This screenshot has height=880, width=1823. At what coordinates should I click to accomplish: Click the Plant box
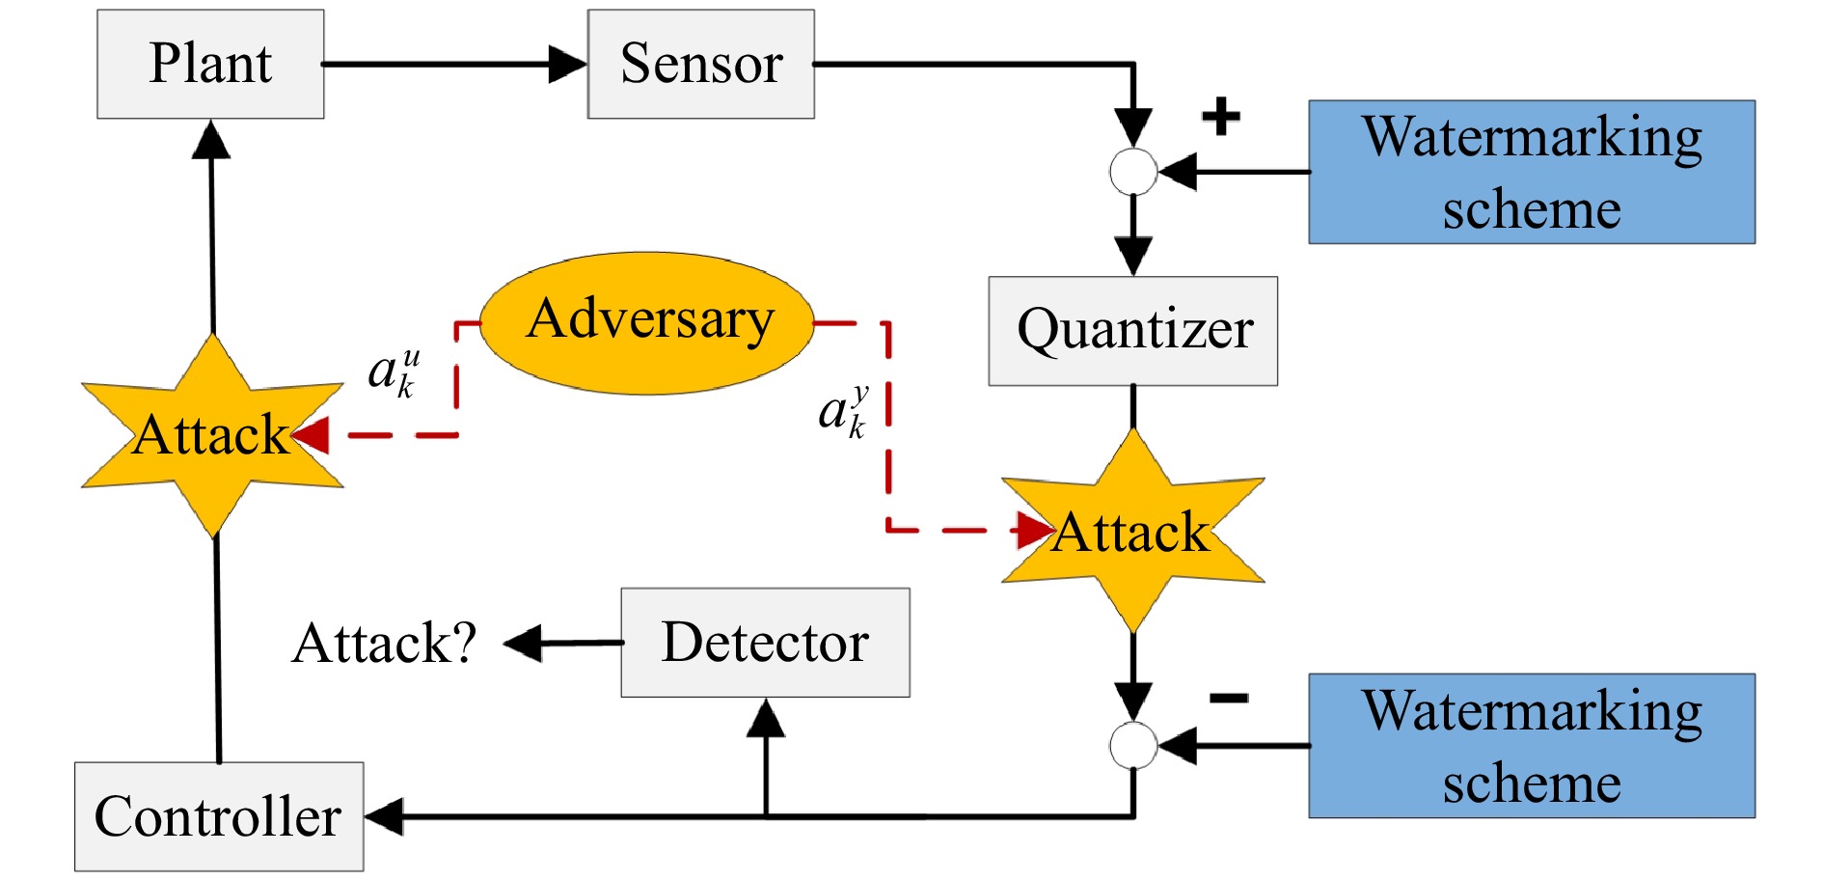210,64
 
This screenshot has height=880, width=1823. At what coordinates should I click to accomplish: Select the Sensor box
701,64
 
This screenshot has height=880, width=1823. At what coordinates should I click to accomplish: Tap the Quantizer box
1133,331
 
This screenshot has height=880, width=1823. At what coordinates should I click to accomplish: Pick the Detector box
765,643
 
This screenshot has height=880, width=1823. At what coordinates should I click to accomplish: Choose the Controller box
219,816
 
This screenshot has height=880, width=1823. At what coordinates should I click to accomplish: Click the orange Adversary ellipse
648,322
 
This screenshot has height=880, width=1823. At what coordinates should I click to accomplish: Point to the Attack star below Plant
212,435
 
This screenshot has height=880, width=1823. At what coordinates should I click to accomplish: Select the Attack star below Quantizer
1132,532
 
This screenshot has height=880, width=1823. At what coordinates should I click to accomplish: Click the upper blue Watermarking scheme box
1532,172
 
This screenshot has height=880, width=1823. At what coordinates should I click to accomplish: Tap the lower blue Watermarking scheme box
1532,746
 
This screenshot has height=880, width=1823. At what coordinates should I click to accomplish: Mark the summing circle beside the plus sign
1133,172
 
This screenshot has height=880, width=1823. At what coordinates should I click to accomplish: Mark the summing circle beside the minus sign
1133,745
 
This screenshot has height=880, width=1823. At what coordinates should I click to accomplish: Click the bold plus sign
1220,117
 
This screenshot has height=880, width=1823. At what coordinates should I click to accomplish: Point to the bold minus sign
1229,698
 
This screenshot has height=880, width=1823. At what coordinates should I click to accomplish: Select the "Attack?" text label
384,644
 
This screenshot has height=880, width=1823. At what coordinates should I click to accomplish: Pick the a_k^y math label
843,412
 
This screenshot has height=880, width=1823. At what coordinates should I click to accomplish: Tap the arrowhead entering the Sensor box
568,65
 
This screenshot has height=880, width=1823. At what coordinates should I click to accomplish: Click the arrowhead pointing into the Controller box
385,817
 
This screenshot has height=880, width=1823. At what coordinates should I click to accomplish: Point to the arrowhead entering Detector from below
766,718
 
